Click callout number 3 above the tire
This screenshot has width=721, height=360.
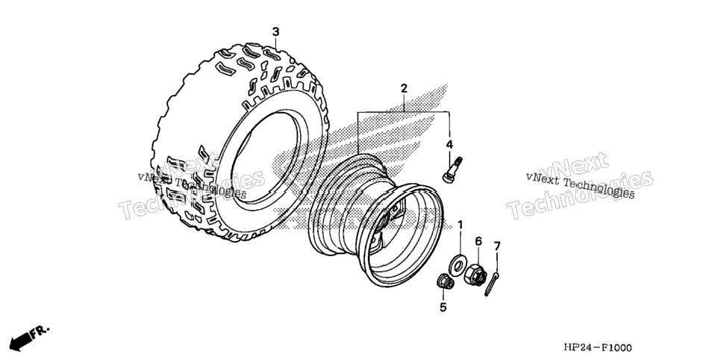tap(275, 32)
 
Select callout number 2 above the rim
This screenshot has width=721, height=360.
tap(404, 88)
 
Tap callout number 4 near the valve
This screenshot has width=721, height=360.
tap(449, 145)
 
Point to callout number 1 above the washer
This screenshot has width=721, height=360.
tap(461, 225)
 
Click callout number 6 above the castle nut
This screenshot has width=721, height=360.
tap(478, 240)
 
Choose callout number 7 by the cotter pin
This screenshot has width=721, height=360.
tap(497, 246)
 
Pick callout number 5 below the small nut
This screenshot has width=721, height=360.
tap(443, 308)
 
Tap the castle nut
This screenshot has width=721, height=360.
tap(475, 274)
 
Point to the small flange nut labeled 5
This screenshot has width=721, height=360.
tap(445, 281)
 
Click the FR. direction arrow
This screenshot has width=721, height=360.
tap(29, 337)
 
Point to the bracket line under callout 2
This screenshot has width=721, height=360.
tap(404, 112)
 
